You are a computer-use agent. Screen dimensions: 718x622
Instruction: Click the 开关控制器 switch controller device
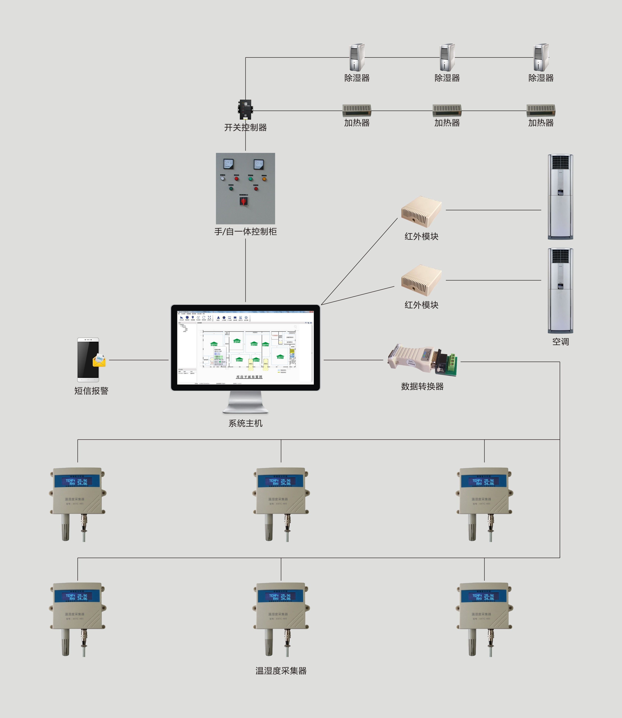(245, 109)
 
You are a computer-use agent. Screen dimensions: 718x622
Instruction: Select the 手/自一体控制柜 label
(245, 232)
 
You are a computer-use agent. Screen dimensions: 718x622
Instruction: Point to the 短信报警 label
(91, 391)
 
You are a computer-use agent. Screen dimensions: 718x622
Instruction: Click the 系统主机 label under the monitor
(245, 423)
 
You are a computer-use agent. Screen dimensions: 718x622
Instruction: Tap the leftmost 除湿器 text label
(357, 78)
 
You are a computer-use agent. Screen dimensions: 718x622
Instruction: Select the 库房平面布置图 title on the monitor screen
(249, 377)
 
